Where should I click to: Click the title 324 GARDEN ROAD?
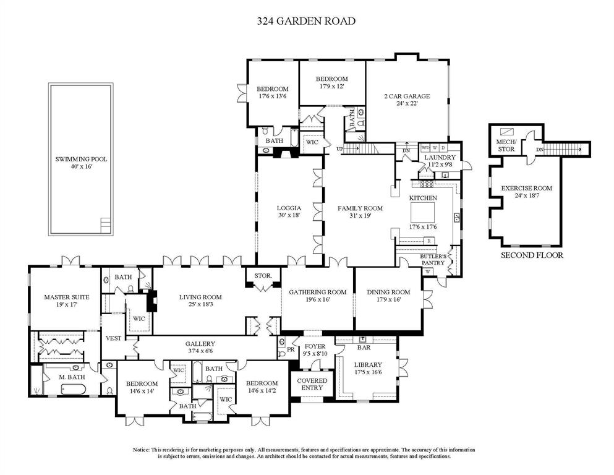tap(306, 21)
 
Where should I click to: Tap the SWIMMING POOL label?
tap(80, 159)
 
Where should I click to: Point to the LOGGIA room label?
tap(289, 208)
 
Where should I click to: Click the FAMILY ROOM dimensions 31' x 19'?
tap(360, 216)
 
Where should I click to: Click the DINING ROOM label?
tap(388, 292)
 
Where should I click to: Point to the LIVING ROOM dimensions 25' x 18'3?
tap(200, 305)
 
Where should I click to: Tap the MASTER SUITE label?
tap(66, 297)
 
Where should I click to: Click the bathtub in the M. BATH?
tap(75, 389)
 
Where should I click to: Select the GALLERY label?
tap(200, 344)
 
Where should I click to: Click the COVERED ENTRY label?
tap(312, 384)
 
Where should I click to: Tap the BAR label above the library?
tap(364, 348)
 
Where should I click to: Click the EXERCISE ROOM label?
tap(526, 188)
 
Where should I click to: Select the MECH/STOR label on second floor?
tap(505, 145)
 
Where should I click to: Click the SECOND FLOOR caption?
tap(532, 255)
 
